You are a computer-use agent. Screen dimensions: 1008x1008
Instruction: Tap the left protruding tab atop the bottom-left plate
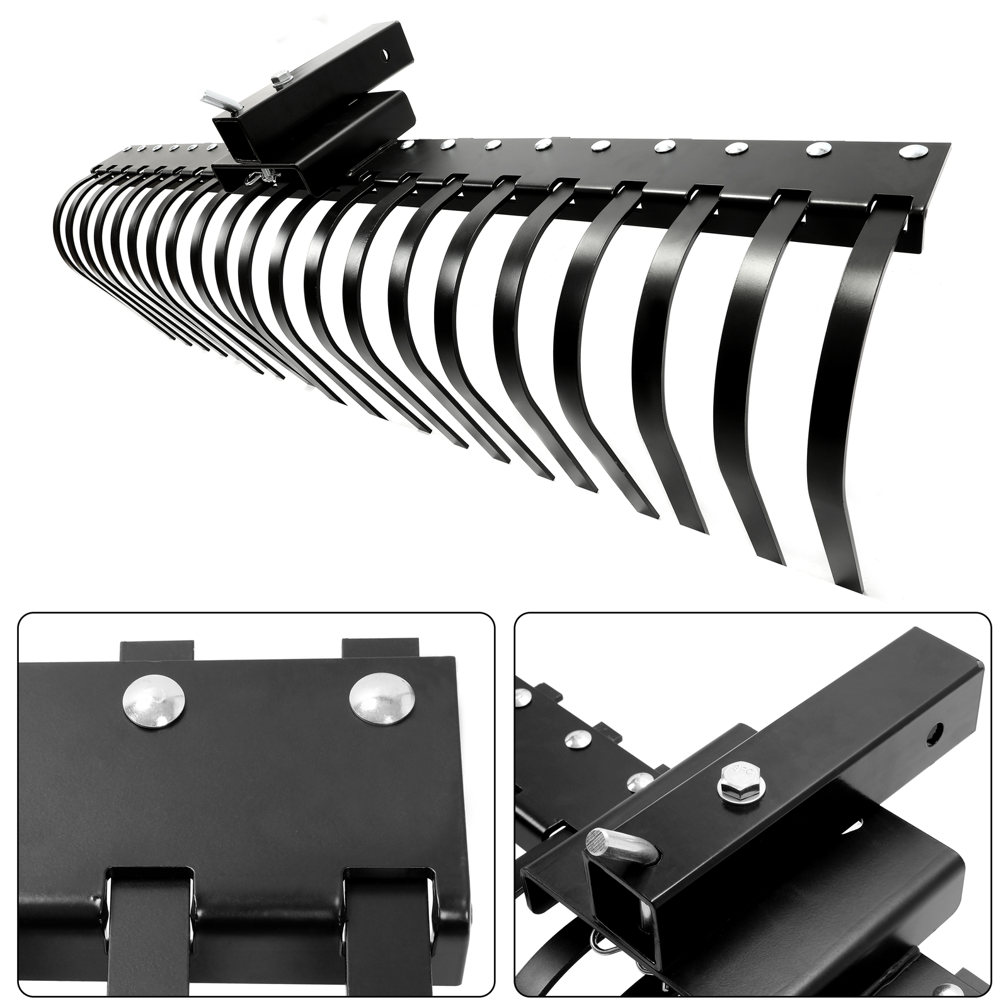[156, 650]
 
